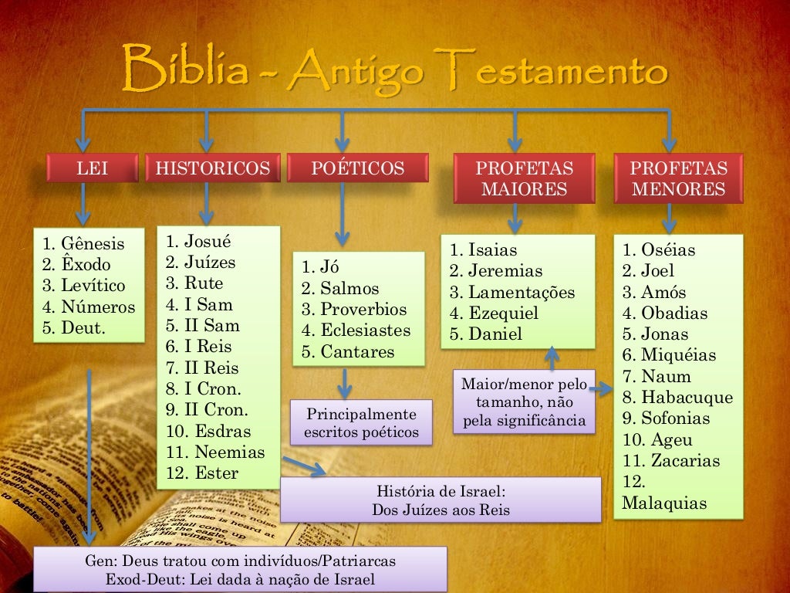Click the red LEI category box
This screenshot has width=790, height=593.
click(93, 168)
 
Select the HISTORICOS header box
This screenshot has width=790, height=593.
click(213, 168)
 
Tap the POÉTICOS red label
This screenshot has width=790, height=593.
click(357, 168)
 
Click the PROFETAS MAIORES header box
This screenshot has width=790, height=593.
click(524, 178)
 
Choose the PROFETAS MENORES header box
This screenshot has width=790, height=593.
click(678, 178)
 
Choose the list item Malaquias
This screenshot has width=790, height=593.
click(664, 503)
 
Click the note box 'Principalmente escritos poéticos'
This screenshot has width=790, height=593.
click(361, 422)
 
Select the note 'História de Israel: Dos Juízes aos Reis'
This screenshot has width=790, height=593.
click(441, 500)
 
